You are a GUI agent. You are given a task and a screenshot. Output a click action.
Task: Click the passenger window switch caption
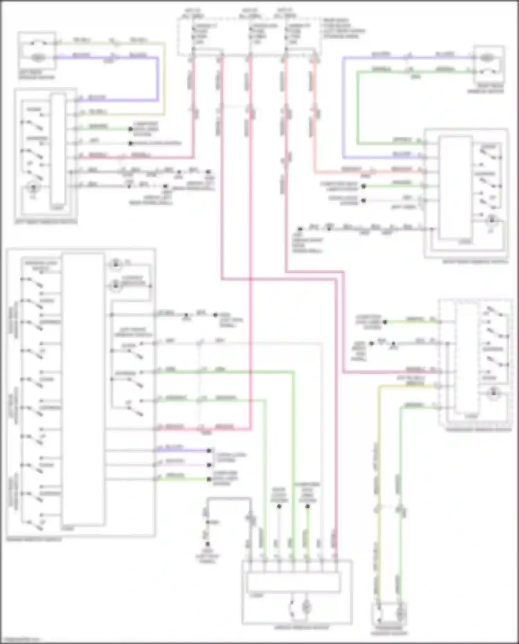tap(479, 430)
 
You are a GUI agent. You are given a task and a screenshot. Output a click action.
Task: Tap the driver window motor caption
tap(297, 627)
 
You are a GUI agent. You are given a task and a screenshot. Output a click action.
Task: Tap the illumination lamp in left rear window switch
tap(34, 188)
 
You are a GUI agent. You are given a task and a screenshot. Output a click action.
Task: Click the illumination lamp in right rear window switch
tap(492, 220)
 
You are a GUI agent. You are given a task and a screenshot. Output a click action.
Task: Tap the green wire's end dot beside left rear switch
tap(130, 129)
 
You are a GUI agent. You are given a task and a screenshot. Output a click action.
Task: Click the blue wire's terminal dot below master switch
tap(209, 451)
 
